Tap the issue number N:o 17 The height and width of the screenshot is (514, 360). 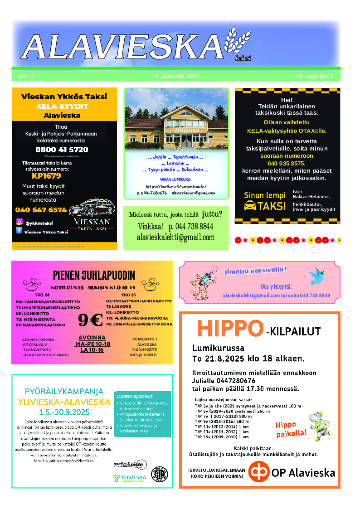pos(27,76)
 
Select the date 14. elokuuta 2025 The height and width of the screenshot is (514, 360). pos(176,76)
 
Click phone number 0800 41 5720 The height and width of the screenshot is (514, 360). pos(62,150)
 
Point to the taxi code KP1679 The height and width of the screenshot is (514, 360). pos(46,176)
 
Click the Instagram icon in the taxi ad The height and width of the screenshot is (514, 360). pos(19,222)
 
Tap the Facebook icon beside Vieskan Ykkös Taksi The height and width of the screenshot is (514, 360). pos(19,231)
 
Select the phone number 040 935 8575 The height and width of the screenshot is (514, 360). pos(287,163)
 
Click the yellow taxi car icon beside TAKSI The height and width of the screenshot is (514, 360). pos(249,206)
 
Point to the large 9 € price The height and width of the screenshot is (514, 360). pos(90,320)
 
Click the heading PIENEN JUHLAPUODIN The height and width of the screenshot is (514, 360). pos(94,275)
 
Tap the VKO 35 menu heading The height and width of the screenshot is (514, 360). pos(128,295)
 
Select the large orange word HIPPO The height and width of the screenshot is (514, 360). pos(230,329)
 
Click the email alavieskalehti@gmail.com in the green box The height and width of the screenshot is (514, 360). pos(175,237)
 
